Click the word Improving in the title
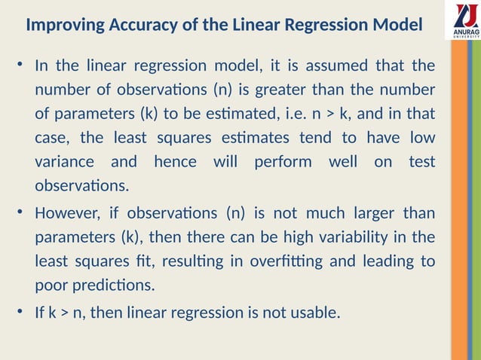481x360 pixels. click(x=63, y=25)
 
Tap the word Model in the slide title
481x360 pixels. click(x=398, y=25)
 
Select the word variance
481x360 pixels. click(x=65, y=161)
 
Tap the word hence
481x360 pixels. click(x=175, y=161)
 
